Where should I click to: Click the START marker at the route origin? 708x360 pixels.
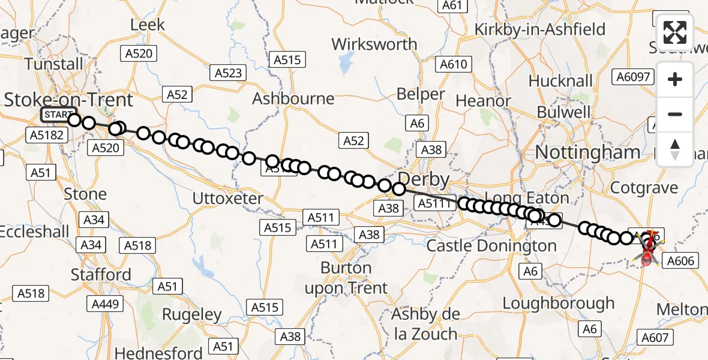coord(58,115)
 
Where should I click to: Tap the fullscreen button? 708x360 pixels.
coord(675,32)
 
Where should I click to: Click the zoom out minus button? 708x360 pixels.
coord(675,114)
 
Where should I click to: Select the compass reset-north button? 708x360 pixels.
coord(675,149)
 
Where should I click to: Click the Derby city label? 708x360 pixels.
coord(423,179)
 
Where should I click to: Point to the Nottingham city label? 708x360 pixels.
coord(587,152)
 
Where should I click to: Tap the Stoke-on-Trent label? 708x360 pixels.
coord(68,99)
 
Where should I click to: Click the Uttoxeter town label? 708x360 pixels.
coord(228,198)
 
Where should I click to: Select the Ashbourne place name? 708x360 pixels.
coord(293,98)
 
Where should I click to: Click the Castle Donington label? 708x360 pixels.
coord(491,245)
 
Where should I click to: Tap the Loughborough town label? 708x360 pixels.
coord(559,303)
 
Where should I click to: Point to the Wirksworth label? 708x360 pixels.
coord(374,44)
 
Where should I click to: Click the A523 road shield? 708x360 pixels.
coord(229,73)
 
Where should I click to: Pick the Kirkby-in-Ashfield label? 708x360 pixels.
coord(540,29)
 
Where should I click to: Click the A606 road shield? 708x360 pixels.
coord(679,260)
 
